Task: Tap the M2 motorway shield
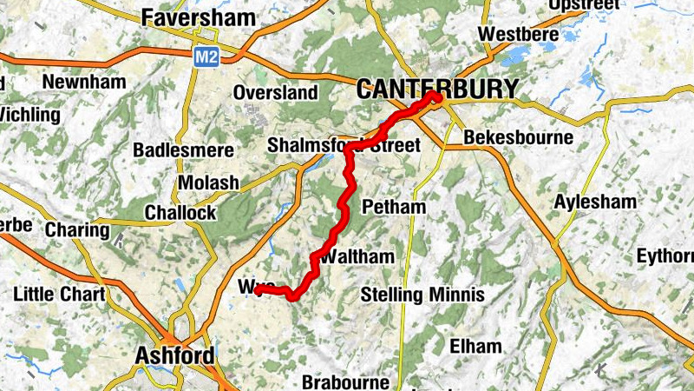pyautogui.click(x=204, y=56)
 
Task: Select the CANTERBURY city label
pyautogui.click(x=437, y=89)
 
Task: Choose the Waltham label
pyautogui.click(x=357, y=257)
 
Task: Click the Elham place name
pyautogui.click(x=475, y=346)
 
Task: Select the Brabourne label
pyautogui.click(x=344, y=381)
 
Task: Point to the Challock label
pyautogui.click(x=180, y=213)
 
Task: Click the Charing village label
pyautogui.click(x=77, y=230)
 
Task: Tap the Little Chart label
pyautogui.click(x=58, y=294)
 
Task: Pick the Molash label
pyautogui.click(x=208, y=182)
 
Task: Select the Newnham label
pyautogui.click(x=84, y=82)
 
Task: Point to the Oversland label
pyautogui.click(x=275, y=92)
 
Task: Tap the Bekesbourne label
pyautogui.click(x=519, y=137)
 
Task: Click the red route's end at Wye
pyautogui.click(x=258, y=289)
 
